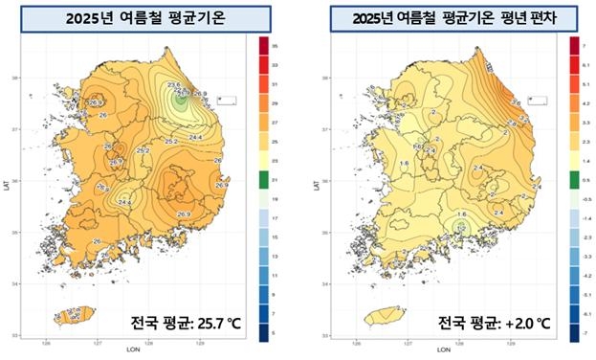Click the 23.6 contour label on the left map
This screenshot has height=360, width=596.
coord(174,86)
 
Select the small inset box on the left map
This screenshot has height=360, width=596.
coord(227,99)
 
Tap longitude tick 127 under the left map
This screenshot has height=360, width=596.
coord(99,341)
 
